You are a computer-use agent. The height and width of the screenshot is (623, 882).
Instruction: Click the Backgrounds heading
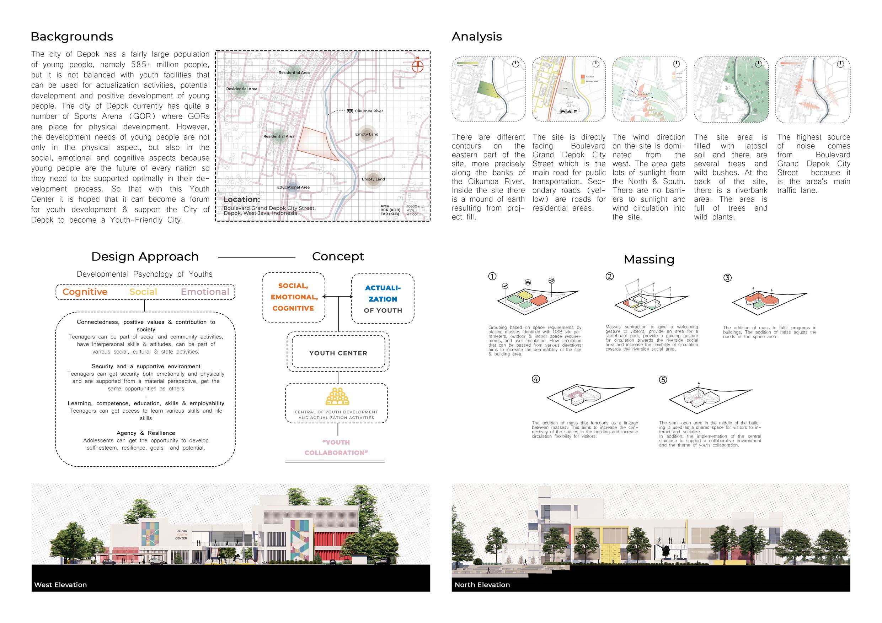(71, 37)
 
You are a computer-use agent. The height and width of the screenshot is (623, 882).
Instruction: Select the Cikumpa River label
(368, 111)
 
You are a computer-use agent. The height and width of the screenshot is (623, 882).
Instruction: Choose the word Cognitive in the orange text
(85, 292)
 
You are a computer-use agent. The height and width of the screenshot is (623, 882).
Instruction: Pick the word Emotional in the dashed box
(205, 292)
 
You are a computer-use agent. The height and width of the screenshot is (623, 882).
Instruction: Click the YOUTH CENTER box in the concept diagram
(338, 353)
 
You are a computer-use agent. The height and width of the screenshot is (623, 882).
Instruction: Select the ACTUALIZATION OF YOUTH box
(383, 299)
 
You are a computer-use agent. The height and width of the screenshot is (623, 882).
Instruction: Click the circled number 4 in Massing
(535, 379)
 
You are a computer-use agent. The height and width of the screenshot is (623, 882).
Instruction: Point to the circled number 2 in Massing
(609, 276)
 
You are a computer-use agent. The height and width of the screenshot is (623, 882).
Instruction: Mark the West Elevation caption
(61, 585)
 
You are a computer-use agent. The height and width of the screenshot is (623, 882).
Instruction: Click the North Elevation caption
(482, 585)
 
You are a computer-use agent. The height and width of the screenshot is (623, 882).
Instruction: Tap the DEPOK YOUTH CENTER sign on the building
(181, 534)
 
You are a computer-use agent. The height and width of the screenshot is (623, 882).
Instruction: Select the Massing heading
(649, 260)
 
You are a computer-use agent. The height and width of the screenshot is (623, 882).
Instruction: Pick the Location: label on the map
(242, 199)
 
